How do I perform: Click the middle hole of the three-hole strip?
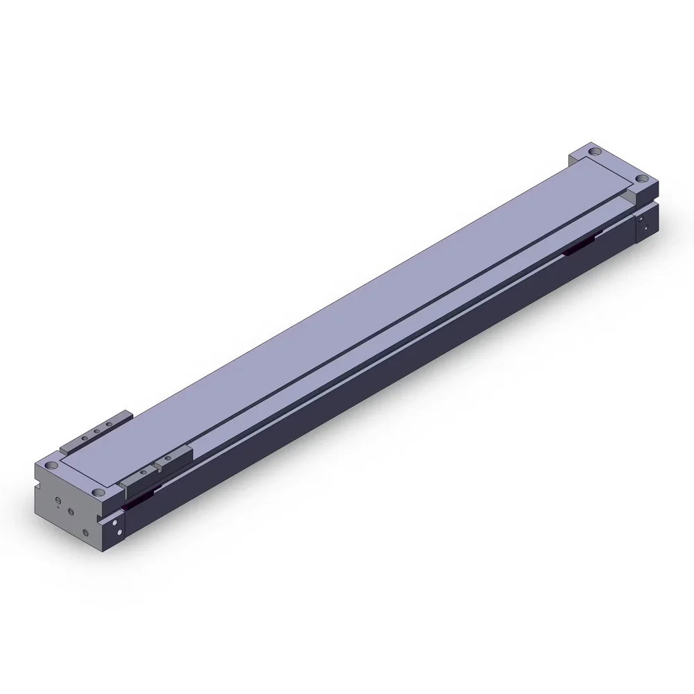tap(96, 432)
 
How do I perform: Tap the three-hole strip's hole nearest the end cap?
tap(83, 439)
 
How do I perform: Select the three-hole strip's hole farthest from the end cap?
tap(109, 425)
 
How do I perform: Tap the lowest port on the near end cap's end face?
tap(85, 533)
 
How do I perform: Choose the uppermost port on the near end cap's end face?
tap(56, 501)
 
